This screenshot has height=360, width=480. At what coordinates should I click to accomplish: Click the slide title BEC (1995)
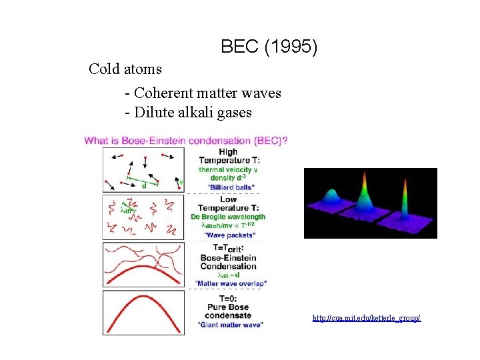click(x=269, y=47)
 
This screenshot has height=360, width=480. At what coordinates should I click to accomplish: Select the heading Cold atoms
click(x=125, y=69)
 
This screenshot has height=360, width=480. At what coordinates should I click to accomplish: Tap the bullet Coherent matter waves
click(x=203, y=93)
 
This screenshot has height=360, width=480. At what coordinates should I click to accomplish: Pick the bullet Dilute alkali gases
click(x=188, y=113)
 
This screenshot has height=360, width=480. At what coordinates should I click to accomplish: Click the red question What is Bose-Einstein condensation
click(x=186, y=140)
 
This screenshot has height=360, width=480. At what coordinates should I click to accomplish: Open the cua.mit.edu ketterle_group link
click(x=367, y=318)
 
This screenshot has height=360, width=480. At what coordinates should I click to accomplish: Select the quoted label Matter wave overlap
click(x=231, y=283)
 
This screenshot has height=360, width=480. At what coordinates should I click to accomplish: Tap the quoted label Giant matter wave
click(x=230, y=325)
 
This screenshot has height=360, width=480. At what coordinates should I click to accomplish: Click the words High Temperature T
click(x=231, y=157)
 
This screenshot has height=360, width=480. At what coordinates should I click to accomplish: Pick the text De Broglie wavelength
click(x=228, y=217)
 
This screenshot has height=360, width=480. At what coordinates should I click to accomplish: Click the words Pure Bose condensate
click(x=228, y=312)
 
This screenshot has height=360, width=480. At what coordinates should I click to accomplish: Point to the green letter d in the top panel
click(x=144, y=186)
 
